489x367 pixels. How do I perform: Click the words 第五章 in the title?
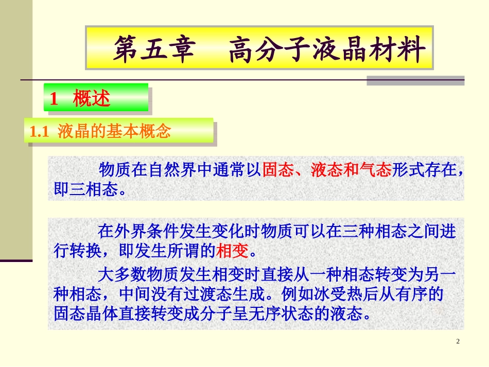click(x=154, y=49)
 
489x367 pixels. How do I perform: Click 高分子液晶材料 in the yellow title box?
click(x=327, y=49)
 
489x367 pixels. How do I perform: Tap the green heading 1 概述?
click(x=81, y=98)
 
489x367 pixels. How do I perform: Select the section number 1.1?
click(x=39, y=132)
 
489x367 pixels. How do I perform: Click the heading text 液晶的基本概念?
click(x=114, y=132)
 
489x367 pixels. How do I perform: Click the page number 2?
click(x=458, y=343)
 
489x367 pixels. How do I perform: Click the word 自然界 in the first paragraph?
click(x=172, y=170)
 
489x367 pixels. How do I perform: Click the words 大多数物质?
click(x=131, y=274)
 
